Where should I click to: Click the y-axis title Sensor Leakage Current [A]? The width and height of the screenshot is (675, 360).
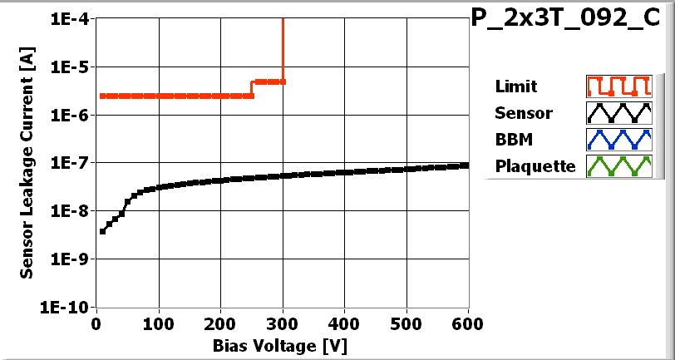tap(28, 163)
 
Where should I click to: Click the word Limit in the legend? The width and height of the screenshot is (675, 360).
tap(515, 86)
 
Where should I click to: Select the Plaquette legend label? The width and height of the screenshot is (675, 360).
tap(535, 166)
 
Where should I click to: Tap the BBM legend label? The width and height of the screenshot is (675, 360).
tap(513, 140)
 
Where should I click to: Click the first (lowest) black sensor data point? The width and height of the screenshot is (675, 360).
tap(102, 231)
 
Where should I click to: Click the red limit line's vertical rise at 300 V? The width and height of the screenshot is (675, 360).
tap(283, 50)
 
